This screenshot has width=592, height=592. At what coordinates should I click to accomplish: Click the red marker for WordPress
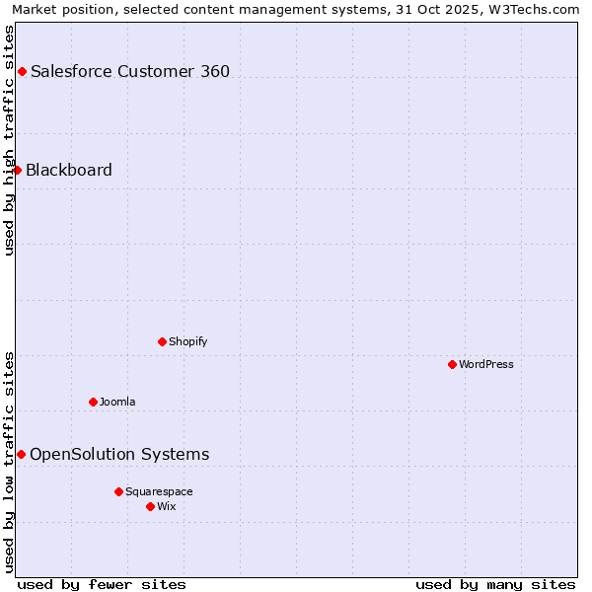[x=452, y=364]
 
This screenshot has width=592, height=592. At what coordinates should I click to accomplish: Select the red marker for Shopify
[x=162, y=341]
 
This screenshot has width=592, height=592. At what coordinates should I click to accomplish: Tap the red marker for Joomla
[x=93, y=402]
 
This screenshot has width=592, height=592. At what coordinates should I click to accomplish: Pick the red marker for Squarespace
[x=118, y=491]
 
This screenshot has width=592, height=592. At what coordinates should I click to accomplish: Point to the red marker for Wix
[x=150, y=506]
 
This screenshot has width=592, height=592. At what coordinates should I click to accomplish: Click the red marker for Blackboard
[x=17, y=170]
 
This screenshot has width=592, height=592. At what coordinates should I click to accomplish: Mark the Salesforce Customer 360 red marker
[x=22, y=71]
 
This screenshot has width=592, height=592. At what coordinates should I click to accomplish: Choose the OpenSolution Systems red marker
[x=21, y=454]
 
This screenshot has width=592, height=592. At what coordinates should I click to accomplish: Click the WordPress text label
[x=486, y=364]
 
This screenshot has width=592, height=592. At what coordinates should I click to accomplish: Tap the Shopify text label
[x=187, y=341]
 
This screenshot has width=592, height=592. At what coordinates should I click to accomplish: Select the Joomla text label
[x=117, y=402]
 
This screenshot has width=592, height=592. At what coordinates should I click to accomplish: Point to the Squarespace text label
[x=159, y=491]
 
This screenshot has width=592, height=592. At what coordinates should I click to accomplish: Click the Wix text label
[x=166, y=506]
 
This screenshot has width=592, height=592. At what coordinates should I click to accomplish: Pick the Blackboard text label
[x=69, y=170]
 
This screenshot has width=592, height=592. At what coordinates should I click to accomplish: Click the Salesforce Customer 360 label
[x=130, y=71]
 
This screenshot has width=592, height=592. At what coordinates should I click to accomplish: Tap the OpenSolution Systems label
[x=119, y=454]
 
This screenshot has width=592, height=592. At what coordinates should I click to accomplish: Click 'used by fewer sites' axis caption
[x=102, y=584]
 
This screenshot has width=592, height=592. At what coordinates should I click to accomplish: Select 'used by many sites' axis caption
[x=495, y=584]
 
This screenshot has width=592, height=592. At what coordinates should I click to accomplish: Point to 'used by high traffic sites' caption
[x=9, y=140]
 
